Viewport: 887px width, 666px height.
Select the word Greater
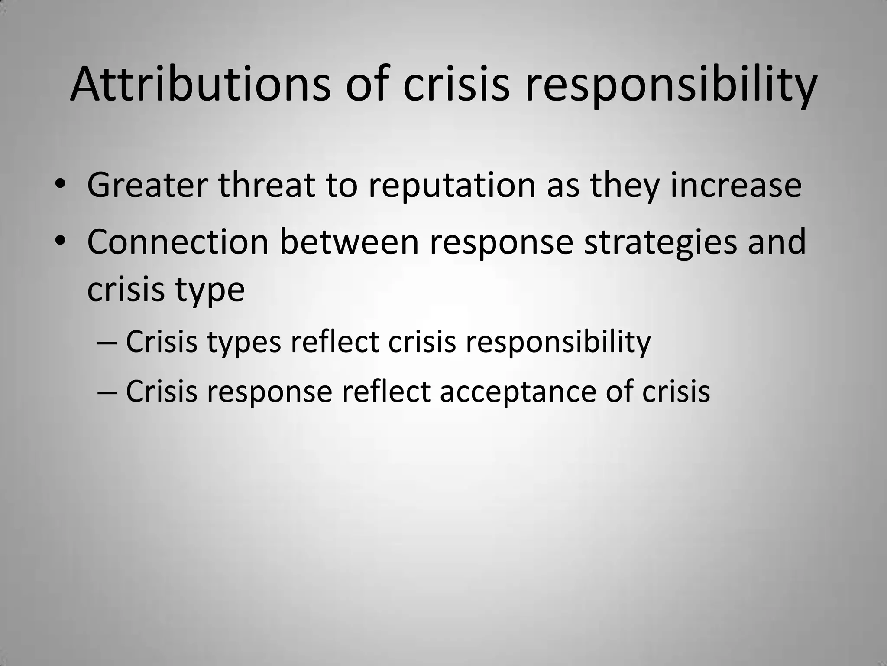point(147,185)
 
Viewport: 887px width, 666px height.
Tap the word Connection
point(178,242)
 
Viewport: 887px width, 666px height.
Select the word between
point(349,242)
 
